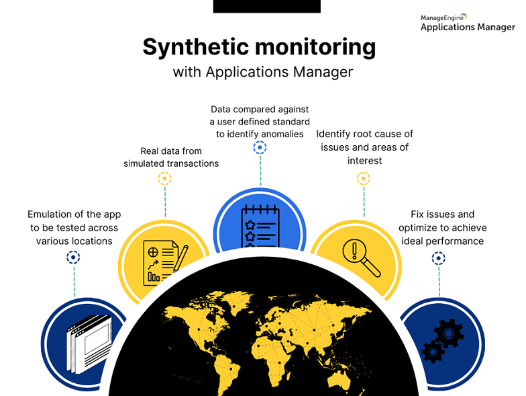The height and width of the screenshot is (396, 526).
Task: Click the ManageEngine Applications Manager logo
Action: (468, 23)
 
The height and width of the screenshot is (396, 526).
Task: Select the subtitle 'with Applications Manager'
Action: (263, 72)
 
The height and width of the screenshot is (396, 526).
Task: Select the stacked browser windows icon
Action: (85, 344)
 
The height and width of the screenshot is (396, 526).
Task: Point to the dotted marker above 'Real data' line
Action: (164, 179)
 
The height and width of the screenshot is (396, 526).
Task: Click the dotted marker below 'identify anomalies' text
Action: (260, 147)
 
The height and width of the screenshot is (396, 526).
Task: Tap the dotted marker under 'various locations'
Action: (73, 257)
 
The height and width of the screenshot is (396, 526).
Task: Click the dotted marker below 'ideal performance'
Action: (439, 258)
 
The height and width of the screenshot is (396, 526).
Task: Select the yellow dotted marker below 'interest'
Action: (364, 178)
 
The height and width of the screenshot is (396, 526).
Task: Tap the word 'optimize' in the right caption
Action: (426, 227)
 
